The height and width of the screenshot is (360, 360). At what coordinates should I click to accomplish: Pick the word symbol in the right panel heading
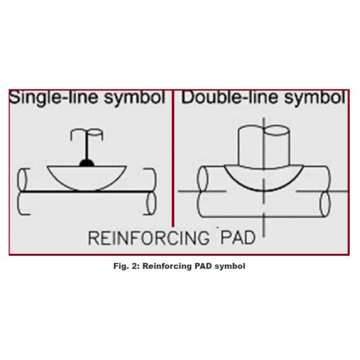point(313,98)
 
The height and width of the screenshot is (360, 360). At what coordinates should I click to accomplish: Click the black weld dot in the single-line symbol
point(86,162)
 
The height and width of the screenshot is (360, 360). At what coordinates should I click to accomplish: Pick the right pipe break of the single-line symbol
point(151,192)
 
